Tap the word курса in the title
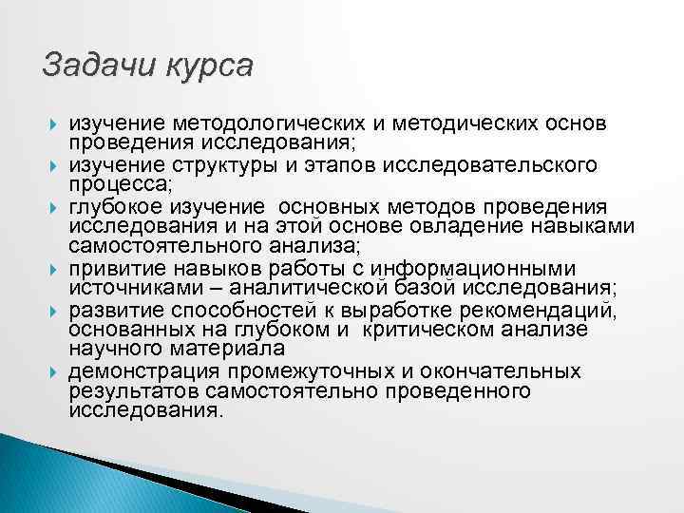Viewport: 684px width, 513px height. pyautogui.click(x=209, y=66)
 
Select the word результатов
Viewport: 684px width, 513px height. pyautogui.click(x=129, y=390)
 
